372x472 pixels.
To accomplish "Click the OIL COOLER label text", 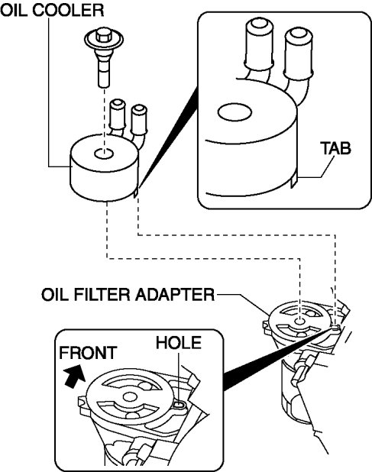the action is click(52, 10).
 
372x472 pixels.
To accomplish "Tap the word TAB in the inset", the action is click(335, 148).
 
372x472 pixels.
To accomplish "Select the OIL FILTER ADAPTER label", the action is click(128, 294).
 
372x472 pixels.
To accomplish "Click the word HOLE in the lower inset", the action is click(179, 343).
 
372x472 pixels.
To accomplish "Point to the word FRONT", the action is click(88, 353).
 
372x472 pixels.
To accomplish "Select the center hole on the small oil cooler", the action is click(104, 154).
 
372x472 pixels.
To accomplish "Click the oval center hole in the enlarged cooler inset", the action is click(235, 112).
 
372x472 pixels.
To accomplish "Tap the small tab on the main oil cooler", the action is click(135, 192).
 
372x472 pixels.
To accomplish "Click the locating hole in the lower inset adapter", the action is click(179, 405).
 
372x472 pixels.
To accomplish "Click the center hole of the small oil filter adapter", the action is click(299, 322).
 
